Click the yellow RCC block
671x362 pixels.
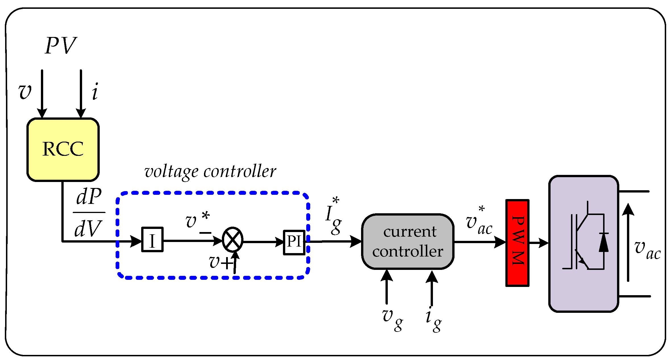[63, 150]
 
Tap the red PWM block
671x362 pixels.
[517, 243]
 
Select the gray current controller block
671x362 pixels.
[408, 241]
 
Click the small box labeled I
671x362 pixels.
[152, 239]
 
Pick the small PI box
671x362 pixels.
[294, 242]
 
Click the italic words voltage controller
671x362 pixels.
[210, 172]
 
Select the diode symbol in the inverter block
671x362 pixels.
[604, 242]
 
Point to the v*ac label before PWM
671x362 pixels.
[479, 221]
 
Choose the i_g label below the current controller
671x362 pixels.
[434, 320]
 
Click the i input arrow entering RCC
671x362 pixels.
[81, 94]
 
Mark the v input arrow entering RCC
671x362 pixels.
[42, 94]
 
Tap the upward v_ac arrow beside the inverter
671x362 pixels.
[628, 242]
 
